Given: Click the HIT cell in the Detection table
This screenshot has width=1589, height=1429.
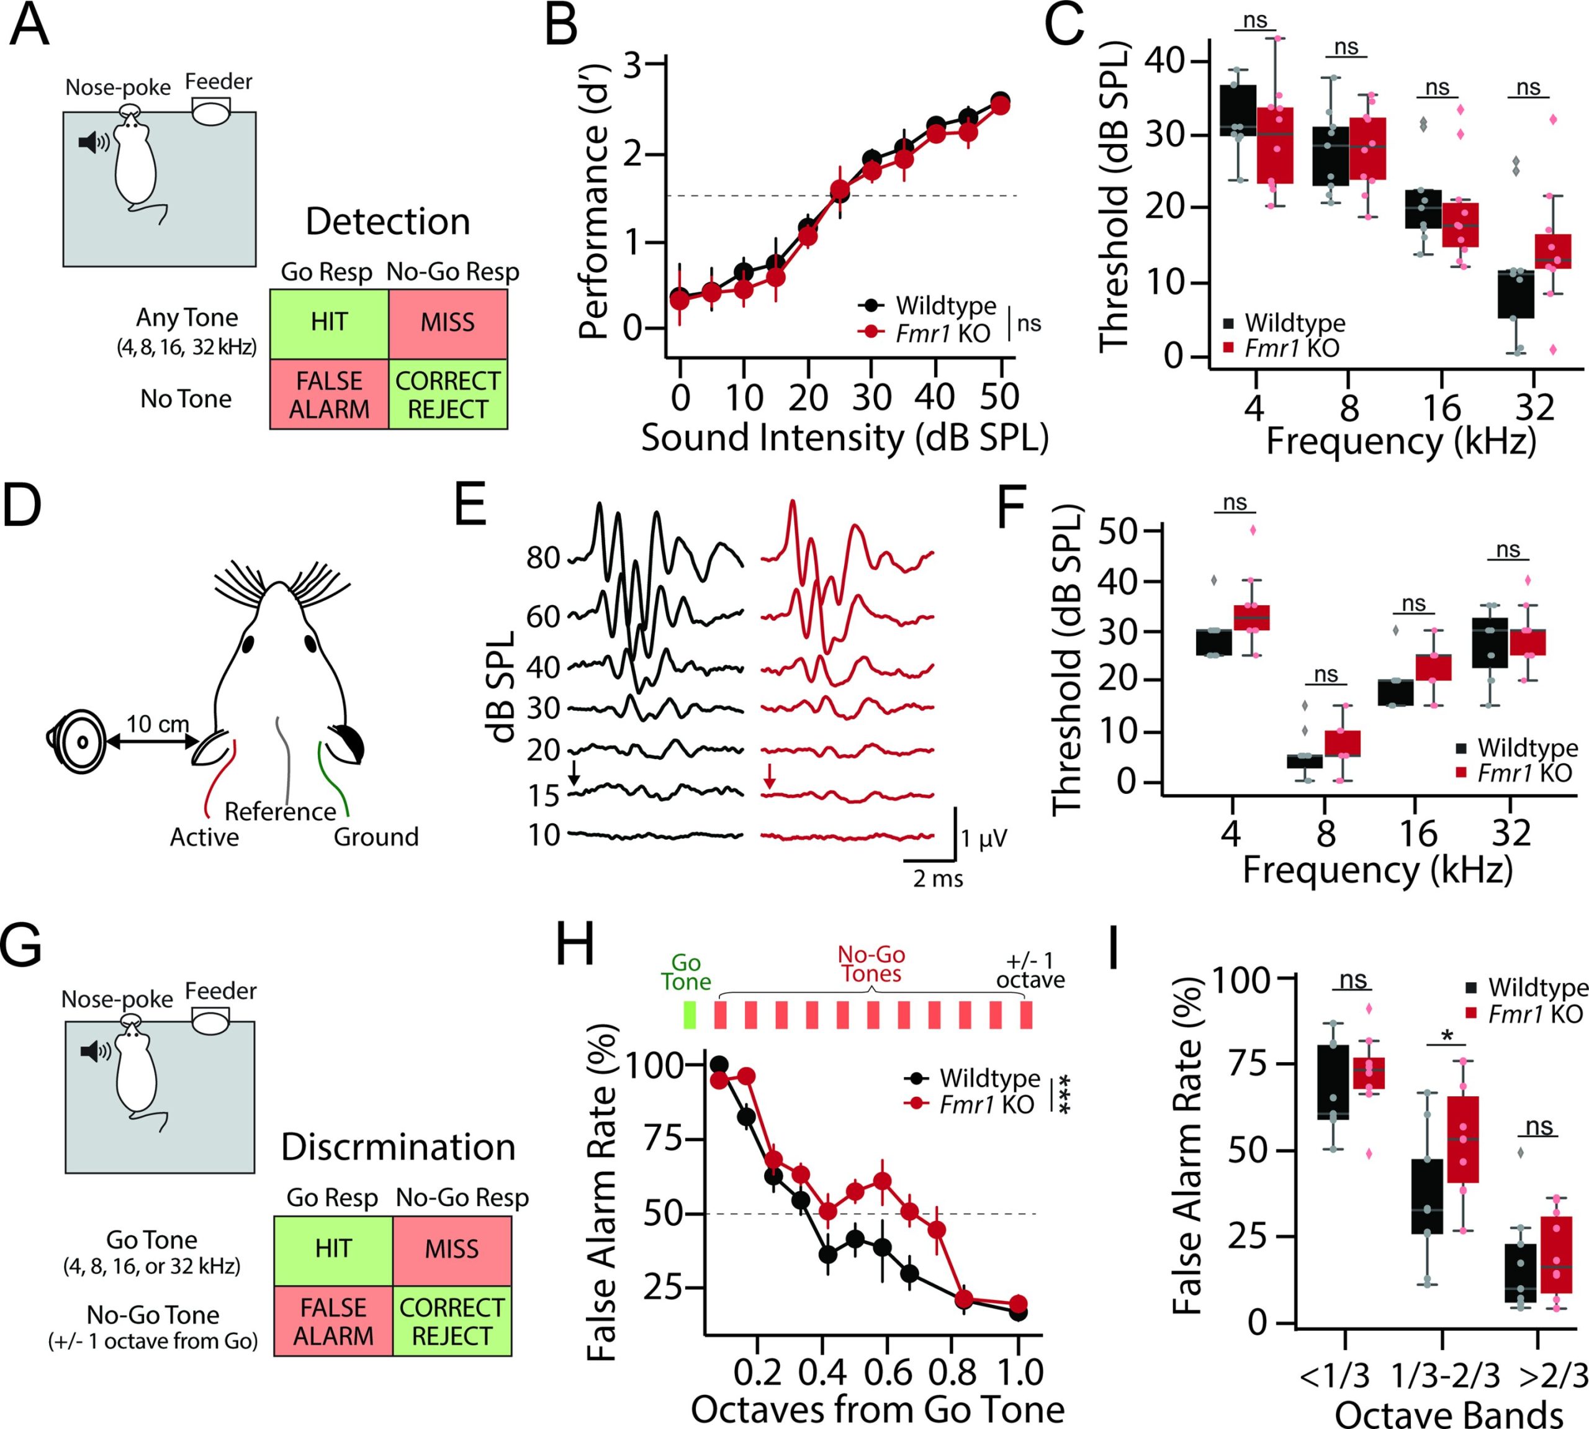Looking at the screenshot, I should coord(329,323).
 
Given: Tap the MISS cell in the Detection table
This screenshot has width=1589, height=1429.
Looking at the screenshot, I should coord(448,323).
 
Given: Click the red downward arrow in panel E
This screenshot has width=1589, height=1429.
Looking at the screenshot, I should coord(770,776).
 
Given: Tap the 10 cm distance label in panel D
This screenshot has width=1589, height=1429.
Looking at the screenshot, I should coord(157,724).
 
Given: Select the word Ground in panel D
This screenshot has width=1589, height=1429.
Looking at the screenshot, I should coord(376,837).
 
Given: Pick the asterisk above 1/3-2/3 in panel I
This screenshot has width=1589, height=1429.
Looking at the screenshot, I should coord(1447,1035).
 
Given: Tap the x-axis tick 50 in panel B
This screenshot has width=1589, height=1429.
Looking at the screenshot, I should coord(999,398).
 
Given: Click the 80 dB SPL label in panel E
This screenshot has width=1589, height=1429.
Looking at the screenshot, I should coord(542,557).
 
